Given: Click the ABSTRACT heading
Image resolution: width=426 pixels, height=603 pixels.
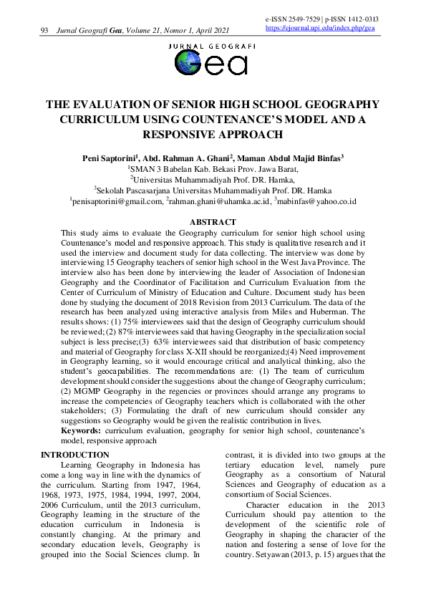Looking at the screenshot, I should (x=212, y=223).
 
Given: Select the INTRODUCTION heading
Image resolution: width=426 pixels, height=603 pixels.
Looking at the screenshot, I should (x=75, y=455).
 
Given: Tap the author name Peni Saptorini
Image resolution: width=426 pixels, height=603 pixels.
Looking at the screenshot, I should (x=109, y=158).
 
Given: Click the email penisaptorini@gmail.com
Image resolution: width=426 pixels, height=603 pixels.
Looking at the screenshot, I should (x=117, y=203).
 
